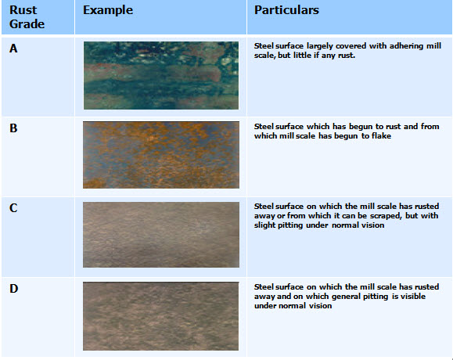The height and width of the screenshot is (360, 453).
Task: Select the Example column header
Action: click(107, 10)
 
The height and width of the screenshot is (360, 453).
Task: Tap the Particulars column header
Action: click(286, 10)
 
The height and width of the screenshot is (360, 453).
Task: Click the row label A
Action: click(13, 49)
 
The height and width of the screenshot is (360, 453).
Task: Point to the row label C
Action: click(13, 209)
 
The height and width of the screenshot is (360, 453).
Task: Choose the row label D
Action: click(13, 289)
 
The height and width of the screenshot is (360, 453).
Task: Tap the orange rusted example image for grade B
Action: click(160, 154)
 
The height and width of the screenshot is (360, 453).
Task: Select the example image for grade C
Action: click(160, 234)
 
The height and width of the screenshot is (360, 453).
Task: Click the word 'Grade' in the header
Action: click(27, 24)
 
